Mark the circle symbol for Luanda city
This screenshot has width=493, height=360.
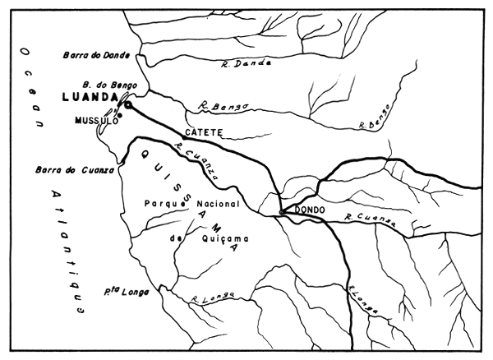click(x=127, y=104)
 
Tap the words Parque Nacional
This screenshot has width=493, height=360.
click(x=191, y=203)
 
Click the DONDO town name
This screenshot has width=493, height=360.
click(x=310, y=210)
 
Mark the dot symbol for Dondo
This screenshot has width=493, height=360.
click(x=282, y=211)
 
